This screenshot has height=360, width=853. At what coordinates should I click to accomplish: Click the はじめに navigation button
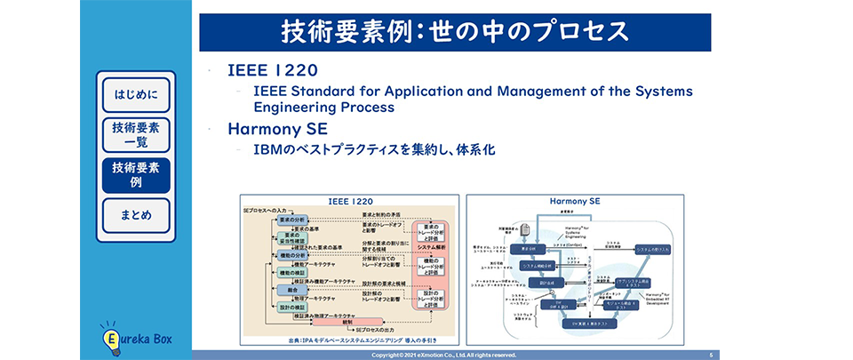pos(136,94)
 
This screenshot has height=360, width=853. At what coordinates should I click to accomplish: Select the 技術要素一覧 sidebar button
pos(136,135)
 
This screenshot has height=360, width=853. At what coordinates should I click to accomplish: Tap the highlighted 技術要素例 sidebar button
pos(136,175)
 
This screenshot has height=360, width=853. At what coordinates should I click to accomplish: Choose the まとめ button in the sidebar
pos(136,215)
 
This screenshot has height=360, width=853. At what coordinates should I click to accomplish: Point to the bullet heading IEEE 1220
pos(272,70)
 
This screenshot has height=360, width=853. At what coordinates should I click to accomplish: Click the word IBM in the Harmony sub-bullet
pos(267,150)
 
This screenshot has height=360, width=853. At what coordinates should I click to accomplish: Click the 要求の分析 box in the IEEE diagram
pos(292,218)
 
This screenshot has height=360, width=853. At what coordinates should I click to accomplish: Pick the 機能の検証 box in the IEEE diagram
pos(292,273)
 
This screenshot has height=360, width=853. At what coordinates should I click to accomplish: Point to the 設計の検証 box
pos(292,307)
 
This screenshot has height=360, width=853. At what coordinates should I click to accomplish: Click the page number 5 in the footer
pos(711,355)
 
